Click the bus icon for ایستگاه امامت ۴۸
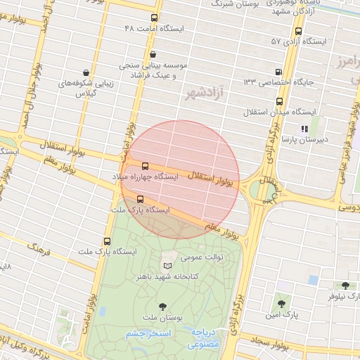(x=155, y=18)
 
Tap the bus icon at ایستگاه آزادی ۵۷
(x=299, y=31)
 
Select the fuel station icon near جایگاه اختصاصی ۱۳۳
(x=279, y=72)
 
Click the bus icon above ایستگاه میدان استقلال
(x=280, y=101)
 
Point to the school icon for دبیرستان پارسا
(x=304, y=129)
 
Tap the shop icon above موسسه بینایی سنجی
(x=153, y=54)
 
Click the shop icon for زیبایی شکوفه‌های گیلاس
(x=85, y=72)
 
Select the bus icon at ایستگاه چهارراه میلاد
(x=145, y=167)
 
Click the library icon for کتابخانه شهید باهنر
(x=167, y=266)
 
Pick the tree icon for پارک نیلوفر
(x=345, y=285)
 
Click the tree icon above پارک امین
(x=281, y=304)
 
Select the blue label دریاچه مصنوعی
(x=205, y=338)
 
